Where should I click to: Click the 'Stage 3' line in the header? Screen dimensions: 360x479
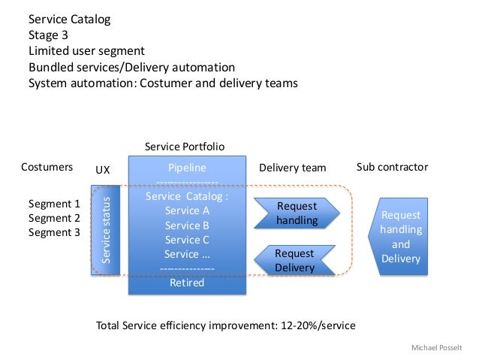pos(50,35)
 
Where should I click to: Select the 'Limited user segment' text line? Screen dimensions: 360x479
pos(86,51)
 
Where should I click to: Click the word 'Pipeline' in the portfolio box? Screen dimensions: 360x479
pos(187,168)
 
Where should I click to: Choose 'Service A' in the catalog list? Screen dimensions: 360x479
pos(187,211)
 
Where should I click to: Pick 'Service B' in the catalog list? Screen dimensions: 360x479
pos(187,225)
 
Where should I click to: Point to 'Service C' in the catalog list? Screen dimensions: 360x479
pos(187,240)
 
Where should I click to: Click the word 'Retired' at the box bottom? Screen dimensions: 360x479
pos(187,283)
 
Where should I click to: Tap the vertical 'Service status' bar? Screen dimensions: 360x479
pos(106,230)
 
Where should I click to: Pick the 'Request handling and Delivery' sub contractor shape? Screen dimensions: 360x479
pos(399,237)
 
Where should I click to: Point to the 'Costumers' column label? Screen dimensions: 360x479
pos(47,168)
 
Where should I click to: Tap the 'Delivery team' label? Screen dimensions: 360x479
pos(292,168)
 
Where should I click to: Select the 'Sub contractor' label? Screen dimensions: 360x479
pos(392,167)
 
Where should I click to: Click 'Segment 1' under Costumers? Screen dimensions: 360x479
pos(53,204)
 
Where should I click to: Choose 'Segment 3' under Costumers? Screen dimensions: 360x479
pos(53,232)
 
